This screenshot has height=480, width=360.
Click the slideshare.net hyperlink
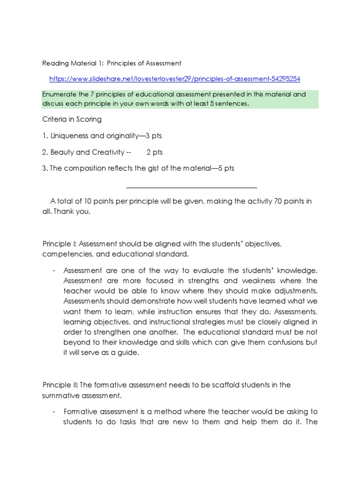coord(174,79)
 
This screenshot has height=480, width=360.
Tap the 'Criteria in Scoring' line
coord(72,120)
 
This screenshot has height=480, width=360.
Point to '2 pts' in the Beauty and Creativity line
coord(154,152)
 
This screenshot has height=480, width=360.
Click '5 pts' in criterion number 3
coord(225,169)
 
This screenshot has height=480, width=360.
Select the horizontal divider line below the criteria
coord(192,187)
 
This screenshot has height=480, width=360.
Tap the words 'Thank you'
coord(71,211)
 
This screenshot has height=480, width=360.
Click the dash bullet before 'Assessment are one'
coord(54,271)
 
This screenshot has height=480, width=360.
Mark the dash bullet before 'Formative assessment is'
coord(54,412)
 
